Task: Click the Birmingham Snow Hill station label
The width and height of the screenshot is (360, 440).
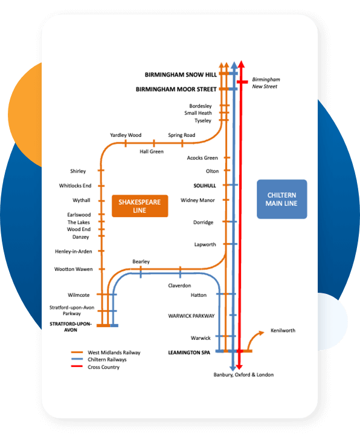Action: click(x=181, y=75)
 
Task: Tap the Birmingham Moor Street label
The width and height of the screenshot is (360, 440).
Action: click(x=176, y=89)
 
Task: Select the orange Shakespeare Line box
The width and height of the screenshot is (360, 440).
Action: click(x=140, y=206)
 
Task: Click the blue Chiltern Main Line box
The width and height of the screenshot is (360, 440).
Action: click(x=282, y=199)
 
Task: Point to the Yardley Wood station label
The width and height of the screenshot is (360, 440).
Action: click(x=126, y=135)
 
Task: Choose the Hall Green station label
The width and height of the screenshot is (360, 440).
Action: click(x=152, y=151)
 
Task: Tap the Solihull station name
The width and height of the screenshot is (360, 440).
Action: click(x=205, y=185)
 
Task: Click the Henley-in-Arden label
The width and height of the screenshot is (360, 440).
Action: click(x=73, y=252)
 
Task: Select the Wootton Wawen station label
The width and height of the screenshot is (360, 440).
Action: click(x=73, y=269)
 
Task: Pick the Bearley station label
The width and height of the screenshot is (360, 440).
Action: click(x=141, y=261)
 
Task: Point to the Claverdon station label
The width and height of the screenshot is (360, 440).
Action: click(x=179, y=285)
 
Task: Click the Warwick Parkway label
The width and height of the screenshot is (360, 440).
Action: click(x=191, y=316)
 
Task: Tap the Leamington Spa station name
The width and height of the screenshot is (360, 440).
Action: click(x=189, y=352)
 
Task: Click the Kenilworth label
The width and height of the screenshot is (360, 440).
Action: click(x=283, y=331)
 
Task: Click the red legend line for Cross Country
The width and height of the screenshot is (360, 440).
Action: click(x=77, y=366)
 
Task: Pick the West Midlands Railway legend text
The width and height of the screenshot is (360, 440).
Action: click(x=114, y=352)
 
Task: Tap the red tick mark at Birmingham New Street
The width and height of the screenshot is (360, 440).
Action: click(x=242, y=82)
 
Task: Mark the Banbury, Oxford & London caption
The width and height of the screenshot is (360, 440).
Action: click(x=243, y=375)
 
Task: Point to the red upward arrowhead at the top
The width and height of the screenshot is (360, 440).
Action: click(x=241, y=64)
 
